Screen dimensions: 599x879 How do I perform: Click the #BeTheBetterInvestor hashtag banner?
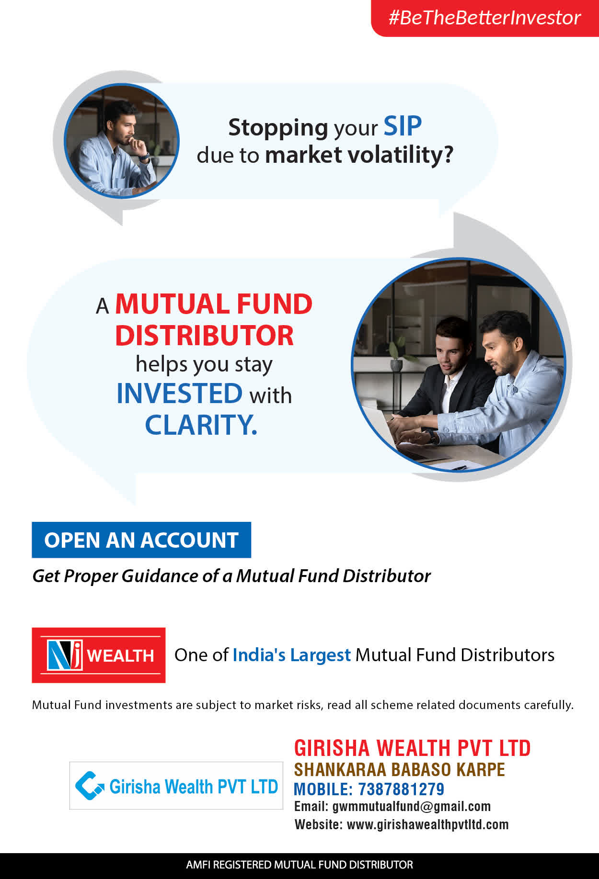pyautogui.click(x=484, y=18)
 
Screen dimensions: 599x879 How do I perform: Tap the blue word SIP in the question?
pyautogui.click(x=403, y=127)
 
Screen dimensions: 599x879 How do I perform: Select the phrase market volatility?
pyautogui.click(x=359, y=155)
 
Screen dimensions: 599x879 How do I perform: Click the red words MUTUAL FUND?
pyautogui.click(x=214, y=304)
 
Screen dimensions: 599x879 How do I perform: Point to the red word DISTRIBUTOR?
pyautogui.click(x=204, y=336)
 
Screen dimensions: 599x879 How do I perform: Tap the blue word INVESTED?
pyautogui.click(x=180, y=394)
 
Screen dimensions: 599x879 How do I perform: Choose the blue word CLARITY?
pyautogui.click(x=201, y=425)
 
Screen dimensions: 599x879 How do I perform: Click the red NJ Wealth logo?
pyautogui.click(x=99, y=655)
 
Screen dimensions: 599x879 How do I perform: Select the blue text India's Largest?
pyautogui.click(x=292, y=655)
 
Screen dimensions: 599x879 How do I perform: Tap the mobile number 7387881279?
pyautogui.click(x=401, y=789)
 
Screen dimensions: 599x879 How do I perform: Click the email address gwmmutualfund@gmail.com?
pyautogui.click(x=412, y=807)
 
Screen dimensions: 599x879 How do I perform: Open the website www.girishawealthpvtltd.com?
pyautogui.click(x=427, y=824)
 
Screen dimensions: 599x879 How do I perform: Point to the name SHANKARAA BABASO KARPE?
pyautogui.click(x=400, y=769)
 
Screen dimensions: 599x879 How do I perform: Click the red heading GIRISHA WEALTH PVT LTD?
pyautogui.click(x=412, y=748)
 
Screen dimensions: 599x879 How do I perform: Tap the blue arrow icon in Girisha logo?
pyautogui.click(x=90, y=786)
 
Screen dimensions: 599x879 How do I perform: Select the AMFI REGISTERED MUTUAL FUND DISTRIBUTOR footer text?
pyautogui.click(x=299, y=865)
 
